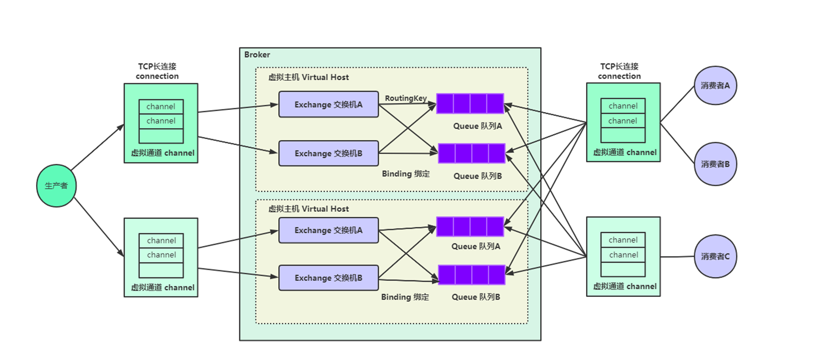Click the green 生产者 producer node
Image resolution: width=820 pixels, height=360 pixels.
[57, 186]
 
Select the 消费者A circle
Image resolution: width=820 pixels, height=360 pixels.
[715, 85]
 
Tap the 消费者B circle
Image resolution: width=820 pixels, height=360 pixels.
[715, 164]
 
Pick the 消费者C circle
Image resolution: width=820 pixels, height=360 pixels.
[715, 257]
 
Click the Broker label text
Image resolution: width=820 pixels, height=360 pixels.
[257, 54]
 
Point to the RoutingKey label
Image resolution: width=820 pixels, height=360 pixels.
[405, 98]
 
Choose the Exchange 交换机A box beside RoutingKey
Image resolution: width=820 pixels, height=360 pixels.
[328, 105]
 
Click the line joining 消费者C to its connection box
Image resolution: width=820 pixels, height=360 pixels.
[677, 257]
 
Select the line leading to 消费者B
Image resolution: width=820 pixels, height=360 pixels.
[678, 143]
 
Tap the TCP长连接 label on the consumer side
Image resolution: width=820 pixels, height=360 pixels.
[619, 66]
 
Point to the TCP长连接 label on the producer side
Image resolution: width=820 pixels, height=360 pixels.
[157, 66]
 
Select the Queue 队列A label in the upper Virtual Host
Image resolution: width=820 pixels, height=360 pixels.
[478, 126]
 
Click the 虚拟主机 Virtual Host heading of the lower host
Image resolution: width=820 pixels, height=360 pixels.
[308, 209]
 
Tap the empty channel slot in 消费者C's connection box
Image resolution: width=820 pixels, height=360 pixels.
[623, 269]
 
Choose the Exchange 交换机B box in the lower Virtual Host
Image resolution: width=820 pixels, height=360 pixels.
[328, 278]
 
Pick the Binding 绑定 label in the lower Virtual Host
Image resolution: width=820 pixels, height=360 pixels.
[405, 297]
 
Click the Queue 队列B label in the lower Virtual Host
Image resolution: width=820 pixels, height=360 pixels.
[476, 297]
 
